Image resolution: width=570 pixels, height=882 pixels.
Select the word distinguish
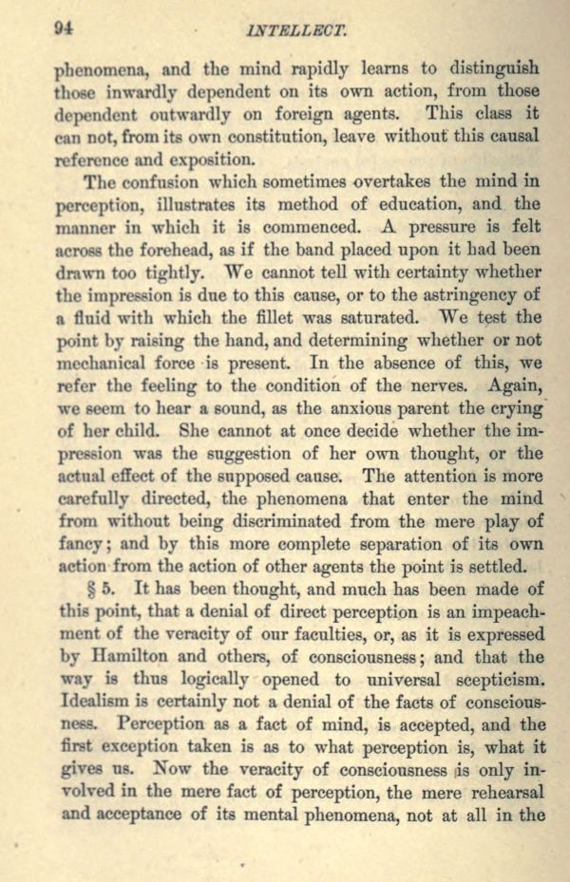(x=492, y=68)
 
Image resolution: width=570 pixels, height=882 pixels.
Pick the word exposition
(x=208, y=159)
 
